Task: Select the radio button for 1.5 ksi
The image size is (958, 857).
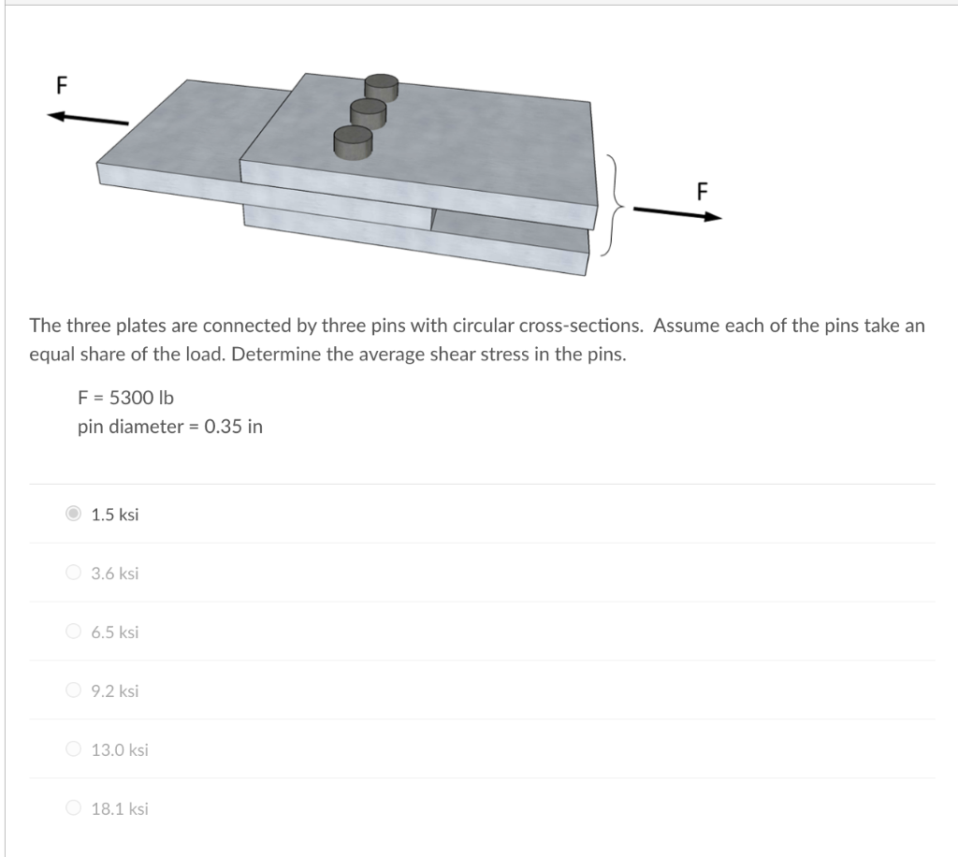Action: [74, 514]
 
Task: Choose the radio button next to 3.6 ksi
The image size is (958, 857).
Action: [74, 573]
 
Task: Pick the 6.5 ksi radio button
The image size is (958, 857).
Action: [74, 632]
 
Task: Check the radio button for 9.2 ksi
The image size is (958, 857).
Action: [74, 690]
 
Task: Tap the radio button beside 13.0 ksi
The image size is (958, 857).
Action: [74, 749]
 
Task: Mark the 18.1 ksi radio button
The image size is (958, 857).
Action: [74, 808]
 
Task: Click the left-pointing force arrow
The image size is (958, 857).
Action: [89, 118]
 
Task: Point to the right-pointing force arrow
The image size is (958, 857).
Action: [678, 212]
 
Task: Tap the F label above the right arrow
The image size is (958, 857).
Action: [702, 191]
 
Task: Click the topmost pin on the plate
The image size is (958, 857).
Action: [381, 88]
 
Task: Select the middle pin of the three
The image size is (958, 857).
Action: [368, 112]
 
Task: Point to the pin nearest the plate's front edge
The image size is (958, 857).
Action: [353, 140]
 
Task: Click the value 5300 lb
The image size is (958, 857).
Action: [141, 398]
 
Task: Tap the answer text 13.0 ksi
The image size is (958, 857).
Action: [120, 749]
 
